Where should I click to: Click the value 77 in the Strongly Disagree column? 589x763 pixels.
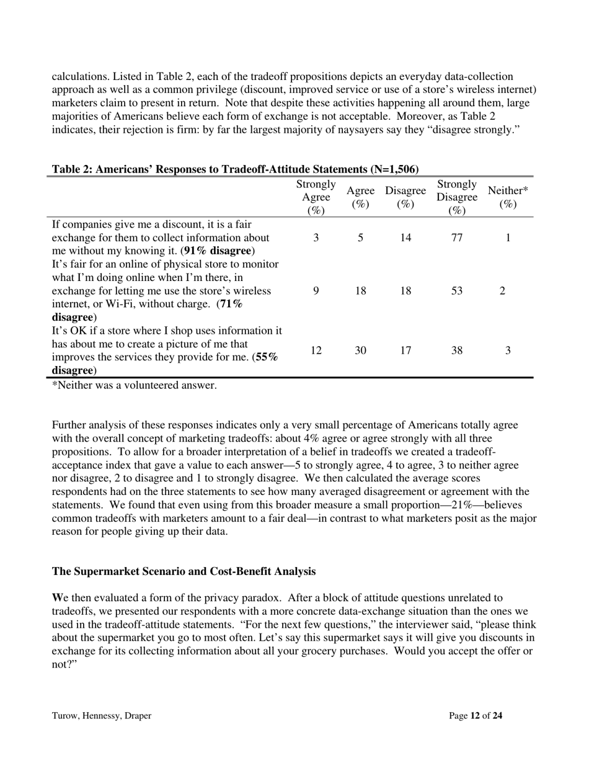point(456,238)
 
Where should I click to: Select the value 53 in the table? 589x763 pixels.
point(456,291)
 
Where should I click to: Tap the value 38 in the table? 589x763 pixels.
point(456,350)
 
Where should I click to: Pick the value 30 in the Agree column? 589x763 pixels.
point(360,350)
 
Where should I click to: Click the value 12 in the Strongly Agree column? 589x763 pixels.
point(316,350)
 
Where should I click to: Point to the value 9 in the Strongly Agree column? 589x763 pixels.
point(316,291)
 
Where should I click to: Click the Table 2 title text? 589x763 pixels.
point(235,169)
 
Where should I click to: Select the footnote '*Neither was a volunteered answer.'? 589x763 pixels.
point(135,385)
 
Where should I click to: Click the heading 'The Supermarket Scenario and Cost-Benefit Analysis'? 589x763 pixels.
point(184,571)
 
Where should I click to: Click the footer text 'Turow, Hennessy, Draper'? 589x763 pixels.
point(102,715)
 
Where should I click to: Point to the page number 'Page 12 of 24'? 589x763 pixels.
point(476,715)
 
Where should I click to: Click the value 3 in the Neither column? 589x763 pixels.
point(508,350)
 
